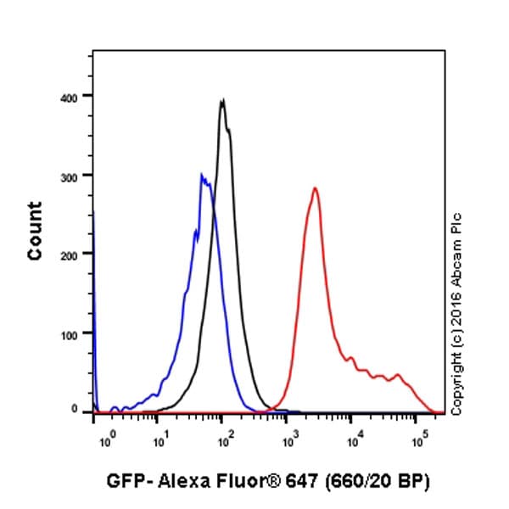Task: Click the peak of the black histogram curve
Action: click(x=222, y=100)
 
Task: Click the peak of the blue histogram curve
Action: click(x=202, y=175)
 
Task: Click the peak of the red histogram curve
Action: click(x=315, y=188)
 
